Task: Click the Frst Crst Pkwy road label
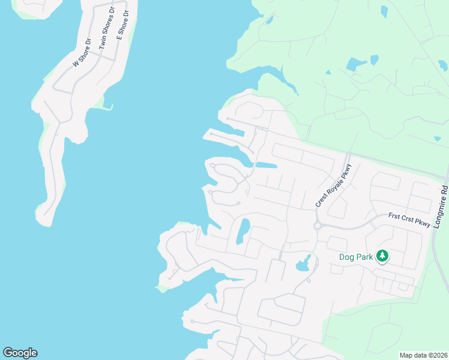pyautogui.click(x=409, y=220)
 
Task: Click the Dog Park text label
pyautogui.click(x=357, y=257)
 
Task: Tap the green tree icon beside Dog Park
pyautogui.click(x=382, y=257)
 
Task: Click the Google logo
pyautogui.click(x=20, y=353)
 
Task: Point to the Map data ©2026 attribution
pyautogui.click(x=424, y=355)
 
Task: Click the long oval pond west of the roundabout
pyautogui.click(x=243, y=231)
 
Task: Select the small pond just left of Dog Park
pyautogui.click(x=303, y=263)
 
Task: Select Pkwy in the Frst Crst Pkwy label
pyautogui.click(x=423, y=224)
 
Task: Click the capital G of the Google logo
pyautogui.click(x=8, y=353)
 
